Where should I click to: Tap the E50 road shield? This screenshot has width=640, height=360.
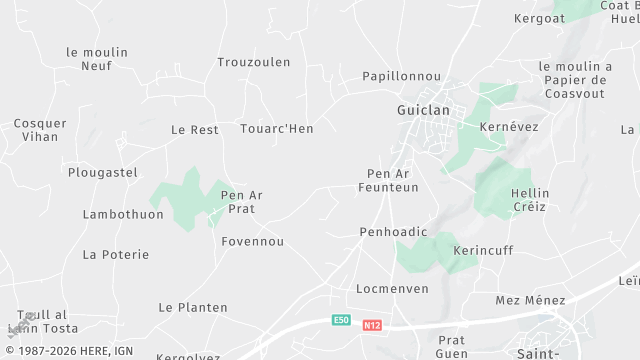point(342,321)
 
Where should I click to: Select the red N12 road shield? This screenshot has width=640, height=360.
point(373,325)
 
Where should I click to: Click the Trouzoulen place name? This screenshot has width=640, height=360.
point(254,62)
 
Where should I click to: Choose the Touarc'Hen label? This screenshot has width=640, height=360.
point(277,129)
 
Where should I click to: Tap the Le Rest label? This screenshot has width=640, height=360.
point(195,130)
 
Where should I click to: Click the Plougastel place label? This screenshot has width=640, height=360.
point(102,172)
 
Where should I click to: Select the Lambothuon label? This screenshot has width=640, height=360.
point(123,214)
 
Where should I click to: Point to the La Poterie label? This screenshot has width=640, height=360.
point(116,254)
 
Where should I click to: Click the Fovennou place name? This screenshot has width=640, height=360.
point(253,241)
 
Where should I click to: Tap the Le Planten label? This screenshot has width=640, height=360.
point(193,307)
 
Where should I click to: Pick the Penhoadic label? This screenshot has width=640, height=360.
point(393,232)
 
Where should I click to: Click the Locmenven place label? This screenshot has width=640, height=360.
point(392,289)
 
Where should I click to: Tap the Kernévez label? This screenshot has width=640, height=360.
point(509,127)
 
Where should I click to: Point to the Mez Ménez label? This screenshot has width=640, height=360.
point(530,300)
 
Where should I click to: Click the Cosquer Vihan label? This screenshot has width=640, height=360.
point(40,130)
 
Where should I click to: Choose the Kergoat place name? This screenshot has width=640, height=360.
point(540,18)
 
